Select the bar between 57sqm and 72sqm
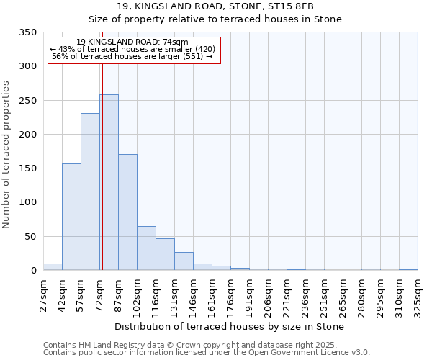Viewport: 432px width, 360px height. [90, 192]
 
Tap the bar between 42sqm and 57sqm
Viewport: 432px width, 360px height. [71, 217]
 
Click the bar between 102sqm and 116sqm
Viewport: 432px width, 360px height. [146, 248]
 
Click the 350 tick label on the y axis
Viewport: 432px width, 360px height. [28, 32]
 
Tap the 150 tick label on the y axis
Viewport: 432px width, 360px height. [28, 168]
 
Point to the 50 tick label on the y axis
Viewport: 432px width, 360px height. [31, 236]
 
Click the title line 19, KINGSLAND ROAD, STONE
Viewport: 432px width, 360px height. [215, 7]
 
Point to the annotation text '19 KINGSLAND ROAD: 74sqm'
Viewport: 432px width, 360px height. [132, 42]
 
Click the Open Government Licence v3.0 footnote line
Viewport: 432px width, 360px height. [207, 353]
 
